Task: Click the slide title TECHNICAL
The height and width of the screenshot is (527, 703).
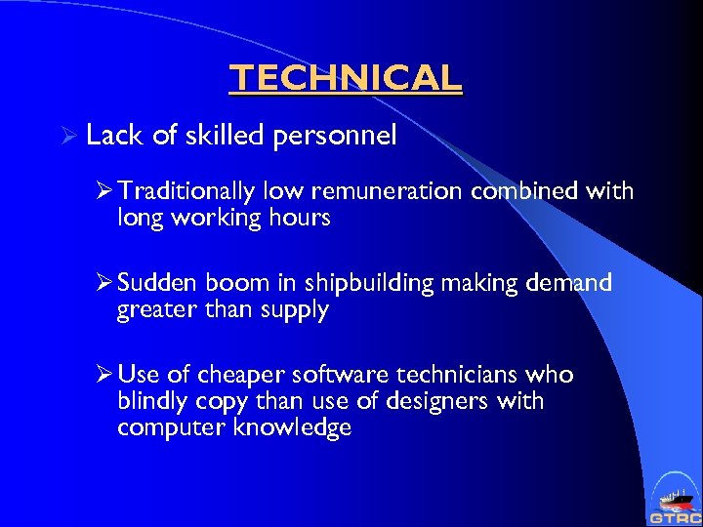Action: coord(345,77)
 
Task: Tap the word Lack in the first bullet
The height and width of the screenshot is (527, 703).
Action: coord(114,136)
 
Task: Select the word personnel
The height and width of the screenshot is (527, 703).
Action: coord(335,137)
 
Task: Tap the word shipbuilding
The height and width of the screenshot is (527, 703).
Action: coord(370,284)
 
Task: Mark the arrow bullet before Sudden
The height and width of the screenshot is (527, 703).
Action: coord(103,283)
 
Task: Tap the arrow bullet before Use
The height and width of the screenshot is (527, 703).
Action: coord(103,375)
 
